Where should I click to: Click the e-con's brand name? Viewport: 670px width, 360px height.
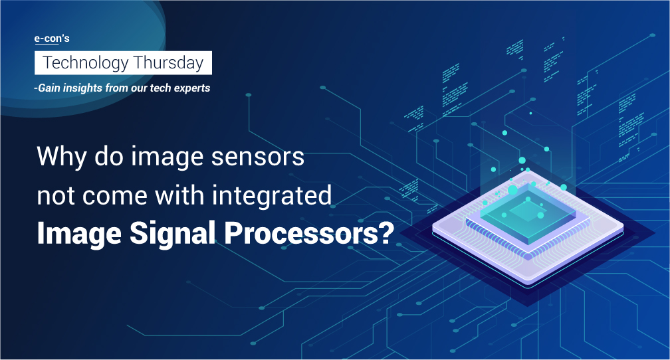(52, 39)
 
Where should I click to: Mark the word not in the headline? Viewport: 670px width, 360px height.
(56, 197)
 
